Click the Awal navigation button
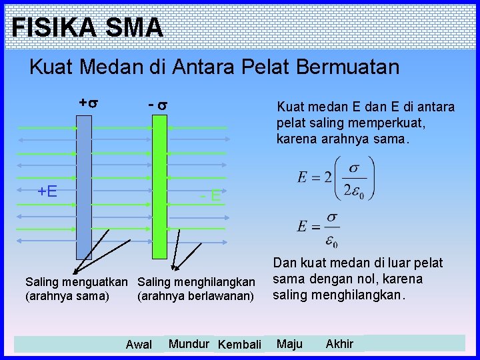(x=139, y=345)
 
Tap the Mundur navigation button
(x=189, y=344)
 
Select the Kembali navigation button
(x=239, y=345)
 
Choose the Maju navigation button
(x=289, y=344)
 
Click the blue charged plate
(x=84, y=187)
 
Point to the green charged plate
(x=159, y=187)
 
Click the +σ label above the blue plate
(x=89, y=103)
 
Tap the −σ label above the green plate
(x=157, y=105)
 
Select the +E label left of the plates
(x=47, y=191)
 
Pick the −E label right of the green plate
(x=211, y=195)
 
